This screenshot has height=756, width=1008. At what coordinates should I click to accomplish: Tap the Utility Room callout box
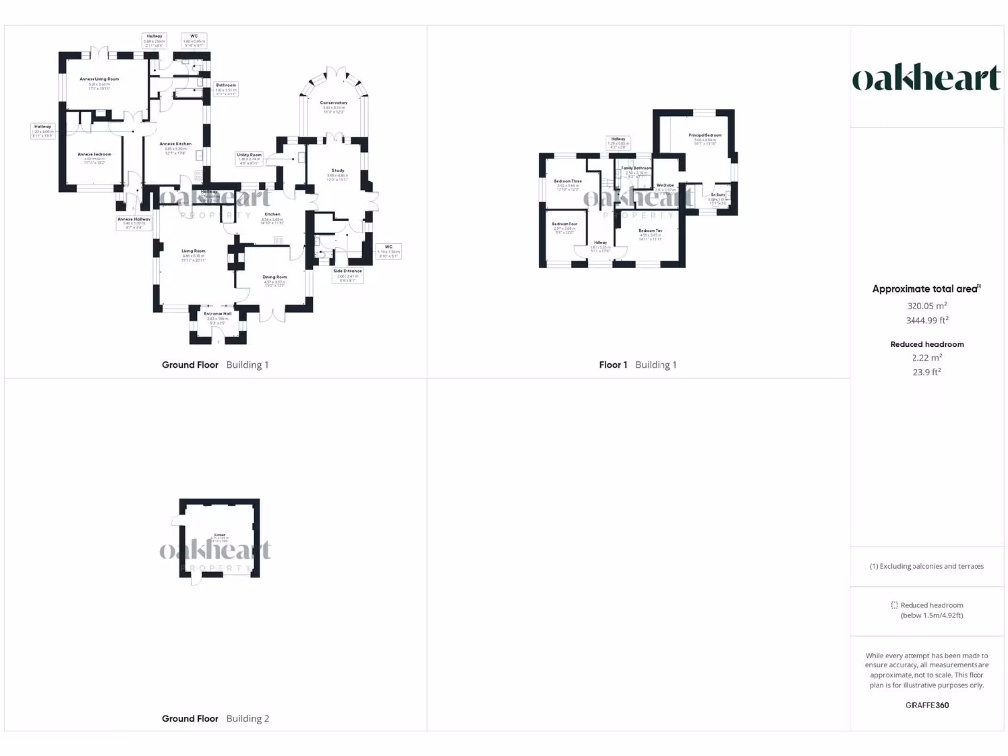point(249,157)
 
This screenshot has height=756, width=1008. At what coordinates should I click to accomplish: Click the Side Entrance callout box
point(348,273)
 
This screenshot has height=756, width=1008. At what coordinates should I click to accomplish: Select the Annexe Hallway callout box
point(134,221)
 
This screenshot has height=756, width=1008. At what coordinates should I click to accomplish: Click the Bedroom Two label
point(651,233)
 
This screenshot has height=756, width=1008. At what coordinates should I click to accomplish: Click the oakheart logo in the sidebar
point(926,79)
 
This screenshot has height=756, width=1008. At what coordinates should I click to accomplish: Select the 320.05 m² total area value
point(926,306)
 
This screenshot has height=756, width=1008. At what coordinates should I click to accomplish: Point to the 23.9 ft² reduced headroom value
point(926,372)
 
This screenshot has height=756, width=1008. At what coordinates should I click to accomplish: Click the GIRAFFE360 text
point(926,705)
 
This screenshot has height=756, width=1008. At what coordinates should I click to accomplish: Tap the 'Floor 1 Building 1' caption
point(638,365)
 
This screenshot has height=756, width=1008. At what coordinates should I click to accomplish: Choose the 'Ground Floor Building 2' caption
point(215,719)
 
